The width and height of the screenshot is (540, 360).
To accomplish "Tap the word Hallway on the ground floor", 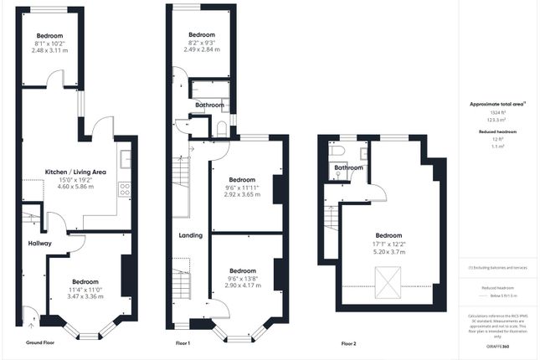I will [39, 243].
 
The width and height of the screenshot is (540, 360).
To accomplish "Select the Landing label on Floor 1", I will [190, 235].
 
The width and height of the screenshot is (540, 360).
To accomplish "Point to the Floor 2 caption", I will [348, 343].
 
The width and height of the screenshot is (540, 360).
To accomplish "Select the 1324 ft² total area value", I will [498, 112].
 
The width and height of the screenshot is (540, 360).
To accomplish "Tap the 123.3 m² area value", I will [498, 121].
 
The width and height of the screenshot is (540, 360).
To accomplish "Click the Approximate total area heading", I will [497, 104].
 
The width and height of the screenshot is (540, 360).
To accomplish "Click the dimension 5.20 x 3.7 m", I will [388, 251].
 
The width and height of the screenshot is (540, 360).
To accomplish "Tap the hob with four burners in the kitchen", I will [125, 189].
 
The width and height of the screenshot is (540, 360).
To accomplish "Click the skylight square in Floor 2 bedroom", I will [387, 281].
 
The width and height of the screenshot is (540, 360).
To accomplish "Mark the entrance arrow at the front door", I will [31, 316].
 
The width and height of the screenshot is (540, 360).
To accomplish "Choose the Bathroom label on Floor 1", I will [209, 105].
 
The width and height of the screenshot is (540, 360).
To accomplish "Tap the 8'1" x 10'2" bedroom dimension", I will [49, 44].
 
